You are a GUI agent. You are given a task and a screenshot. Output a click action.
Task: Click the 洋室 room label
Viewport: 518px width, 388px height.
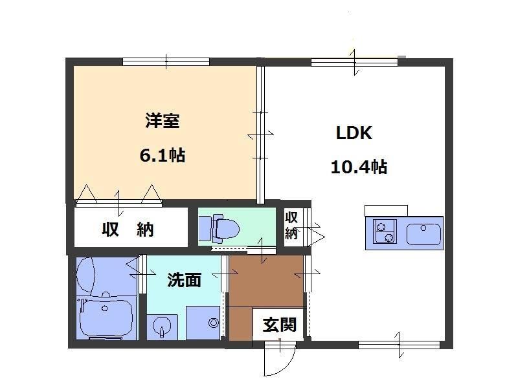pyautogui.click(x=163, y=121)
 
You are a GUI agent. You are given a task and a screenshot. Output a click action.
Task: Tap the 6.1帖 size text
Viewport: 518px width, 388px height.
pyautogui.click(x=163, y=155)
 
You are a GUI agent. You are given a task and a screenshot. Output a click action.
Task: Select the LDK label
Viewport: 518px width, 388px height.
pyautogui.click(x=354, y=133)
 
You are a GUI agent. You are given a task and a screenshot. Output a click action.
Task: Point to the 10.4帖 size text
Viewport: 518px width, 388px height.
pyautogui.click(x=359, y=167)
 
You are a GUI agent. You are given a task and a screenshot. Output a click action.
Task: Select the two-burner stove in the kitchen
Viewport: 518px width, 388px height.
pyautogui.click(x=385, y=232)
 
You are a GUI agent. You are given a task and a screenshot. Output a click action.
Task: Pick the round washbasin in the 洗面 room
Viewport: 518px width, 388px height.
pyautogui.click(x=162, y=327)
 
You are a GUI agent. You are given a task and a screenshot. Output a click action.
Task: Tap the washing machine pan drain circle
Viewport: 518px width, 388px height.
pyautogui.click(x=214, y=323)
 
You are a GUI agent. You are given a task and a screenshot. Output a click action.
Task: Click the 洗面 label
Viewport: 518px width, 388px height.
pyautogui.click(x=184, y=280)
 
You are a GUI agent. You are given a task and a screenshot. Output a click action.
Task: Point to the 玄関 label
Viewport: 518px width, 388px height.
pyautogui.click(x=280, y=325)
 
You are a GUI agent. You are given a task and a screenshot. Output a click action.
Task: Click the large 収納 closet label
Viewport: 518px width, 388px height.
pyautogui.click(x=128, y=229)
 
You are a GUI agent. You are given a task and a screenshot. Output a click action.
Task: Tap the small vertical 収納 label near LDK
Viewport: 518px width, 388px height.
pyautogui.click(x=291, y=225)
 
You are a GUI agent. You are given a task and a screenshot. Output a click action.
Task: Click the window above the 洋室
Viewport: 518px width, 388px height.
pyautogui.click(x=166, y=61)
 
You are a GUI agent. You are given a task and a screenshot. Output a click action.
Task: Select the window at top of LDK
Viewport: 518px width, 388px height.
pyautogui.click(x=354, y=62)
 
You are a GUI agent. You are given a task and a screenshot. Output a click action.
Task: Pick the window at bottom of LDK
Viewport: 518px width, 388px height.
pyautogui.click(x=399, y=345)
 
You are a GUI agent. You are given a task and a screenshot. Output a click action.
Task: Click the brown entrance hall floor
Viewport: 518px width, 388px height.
pyautogui.click(x=266, y=281)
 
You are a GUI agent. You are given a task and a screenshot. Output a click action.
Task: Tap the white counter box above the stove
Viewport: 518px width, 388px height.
pyautogui.click(x=386, y=211)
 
